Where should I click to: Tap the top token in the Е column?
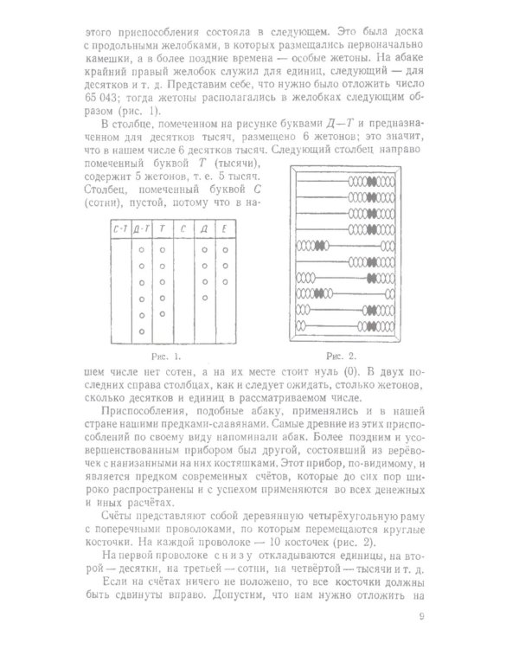tap(225, 249)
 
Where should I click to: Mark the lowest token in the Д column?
tap(204, 281)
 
